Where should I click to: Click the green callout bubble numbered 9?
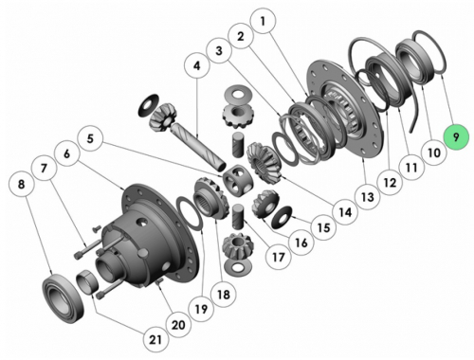click(456, 137)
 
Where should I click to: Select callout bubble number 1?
click(263, 21)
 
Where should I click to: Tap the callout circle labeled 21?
click(155, 340)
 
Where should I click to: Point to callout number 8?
click(21, 184)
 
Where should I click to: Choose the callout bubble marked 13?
click(367, 197)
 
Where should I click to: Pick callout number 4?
click(197, 65)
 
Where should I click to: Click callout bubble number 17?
click(278, 258)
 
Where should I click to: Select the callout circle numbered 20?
click(178, 325)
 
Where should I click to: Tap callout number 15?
click(323, 227)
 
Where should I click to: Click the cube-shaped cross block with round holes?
click(238, 181)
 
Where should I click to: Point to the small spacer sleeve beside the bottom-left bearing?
click(88, 283)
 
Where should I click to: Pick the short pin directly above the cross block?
click(238, 145)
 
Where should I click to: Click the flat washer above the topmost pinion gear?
click(237, 95)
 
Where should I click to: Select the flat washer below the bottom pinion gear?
click(237, 266)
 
